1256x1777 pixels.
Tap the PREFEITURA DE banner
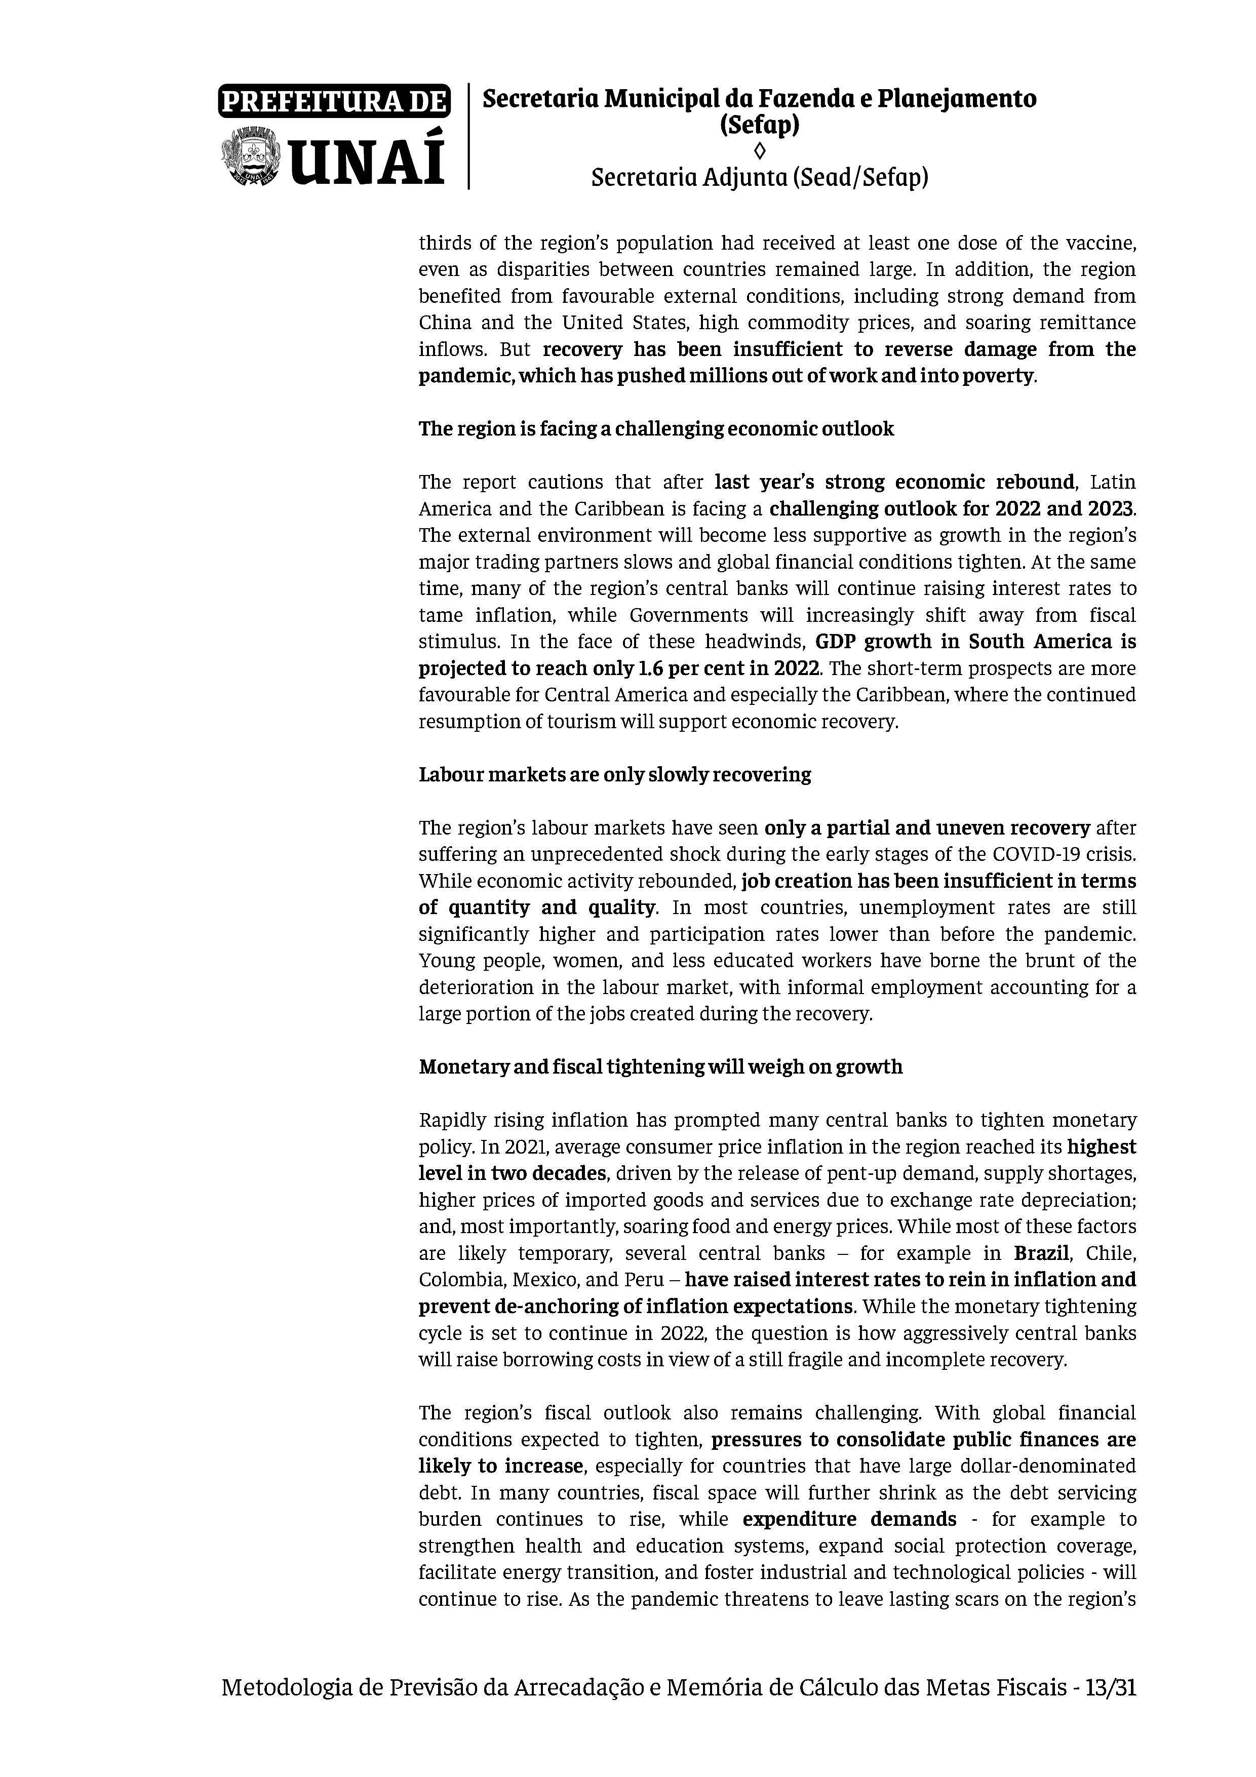[x=334, y=101]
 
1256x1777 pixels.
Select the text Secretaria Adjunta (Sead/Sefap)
[x=759, y=178]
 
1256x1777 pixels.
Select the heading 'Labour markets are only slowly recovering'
[x=614, y=775]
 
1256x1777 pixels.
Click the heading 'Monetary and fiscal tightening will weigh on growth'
[x=660, y=1067]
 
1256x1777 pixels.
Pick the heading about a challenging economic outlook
[x=655, y=429]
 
